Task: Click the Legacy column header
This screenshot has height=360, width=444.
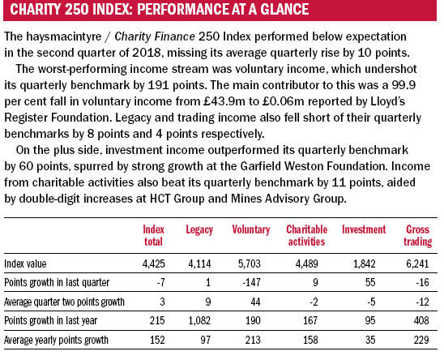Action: click(x=199, y=230)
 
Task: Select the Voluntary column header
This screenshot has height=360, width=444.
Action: click(x=251, y=230)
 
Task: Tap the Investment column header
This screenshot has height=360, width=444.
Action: click(x=364, y=229)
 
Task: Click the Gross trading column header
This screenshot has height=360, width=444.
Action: click(x=418, y=236)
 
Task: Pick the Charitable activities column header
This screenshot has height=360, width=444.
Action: click(x=306, y=236)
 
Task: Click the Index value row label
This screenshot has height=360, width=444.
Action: click(x=25, y=264)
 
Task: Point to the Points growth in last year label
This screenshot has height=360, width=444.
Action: click(x=51, y=321)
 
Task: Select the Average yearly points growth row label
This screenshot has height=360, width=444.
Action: click(x=56, y=340)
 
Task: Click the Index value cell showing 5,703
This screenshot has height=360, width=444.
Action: click(x=250, y=264)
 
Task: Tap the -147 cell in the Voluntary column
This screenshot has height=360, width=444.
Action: click(x=251, y=283)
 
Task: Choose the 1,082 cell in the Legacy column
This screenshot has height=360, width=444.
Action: click(x=199, y=321)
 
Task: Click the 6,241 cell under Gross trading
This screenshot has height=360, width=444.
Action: click(x=417, y=264)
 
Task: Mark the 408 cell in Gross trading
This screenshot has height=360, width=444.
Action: click(x=421, y=320)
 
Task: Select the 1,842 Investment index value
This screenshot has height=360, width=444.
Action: click(x=365, y=264)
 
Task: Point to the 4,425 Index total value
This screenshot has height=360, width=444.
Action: click(x=153, y=264)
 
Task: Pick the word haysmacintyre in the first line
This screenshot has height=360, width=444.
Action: click(x=64, y=37)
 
